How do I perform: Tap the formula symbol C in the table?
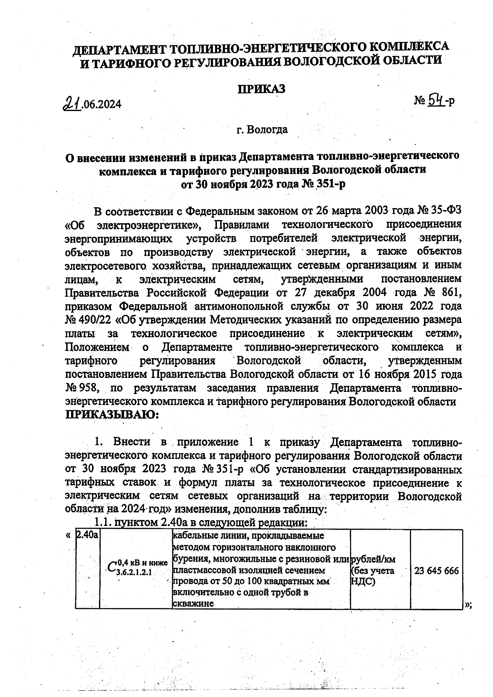point(111,567)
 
